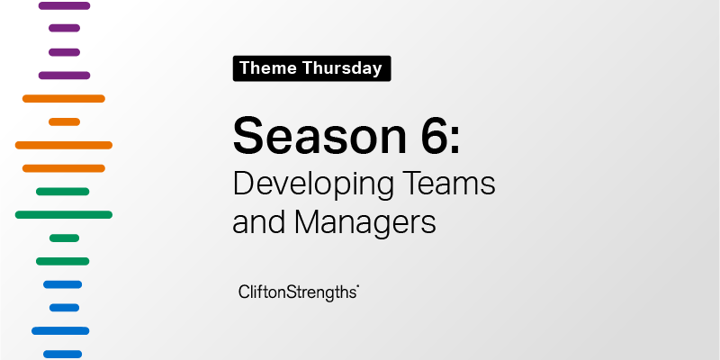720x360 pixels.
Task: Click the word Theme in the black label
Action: pyautogui.click(x=268, y=68)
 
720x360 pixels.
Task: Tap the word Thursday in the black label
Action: pyautogui.click(x=343, y=68)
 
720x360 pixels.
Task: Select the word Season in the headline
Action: pyautogui.click(x=320, y=136)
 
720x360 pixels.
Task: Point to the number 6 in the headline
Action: pyautogui.click(x=433, y=136)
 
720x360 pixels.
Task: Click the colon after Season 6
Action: pyautogui.click(x=454, y=141)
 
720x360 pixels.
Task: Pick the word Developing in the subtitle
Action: pyautogui.click(x=313, y=185)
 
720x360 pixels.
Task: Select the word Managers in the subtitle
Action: pyautogui.click(x=365, y=223)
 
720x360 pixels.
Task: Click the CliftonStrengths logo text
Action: pyautogui.click(x=298, y=293)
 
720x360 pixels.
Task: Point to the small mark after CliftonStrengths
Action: pyautogui.click(x=357, y=286)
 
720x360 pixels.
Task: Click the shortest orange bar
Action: pyautogui.click(x=64, y=121)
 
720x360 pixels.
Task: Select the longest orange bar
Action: pyautogui.click(x=64, y=145)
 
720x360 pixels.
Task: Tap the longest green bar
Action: pyautogui.click(x=64, y=214)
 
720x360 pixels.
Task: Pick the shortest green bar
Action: pyautogui.click(x=64, y=238)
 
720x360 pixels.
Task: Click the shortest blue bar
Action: pyautogui.click(x=64, y=308)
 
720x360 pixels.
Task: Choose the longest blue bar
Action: pyautogui.click(x=60, y=330)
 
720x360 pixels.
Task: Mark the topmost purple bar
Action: pyautogui.click(x=64, y=5)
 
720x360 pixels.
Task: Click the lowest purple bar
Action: pyautogui.click(x=64, y=76)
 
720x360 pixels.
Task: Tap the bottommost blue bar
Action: pyautogui.click(x=62, y=354)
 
